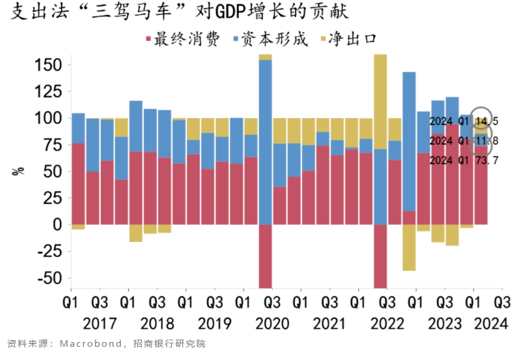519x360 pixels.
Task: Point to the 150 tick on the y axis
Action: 50,65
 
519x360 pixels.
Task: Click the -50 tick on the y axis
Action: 50,278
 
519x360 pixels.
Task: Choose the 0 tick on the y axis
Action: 57,225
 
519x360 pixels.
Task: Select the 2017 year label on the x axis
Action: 100,324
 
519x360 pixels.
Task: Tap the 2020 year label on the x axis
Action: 272,324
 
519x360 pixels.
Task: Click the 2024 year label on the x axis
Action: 488,324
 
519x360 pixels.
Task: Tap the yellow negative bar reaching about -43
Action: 409,247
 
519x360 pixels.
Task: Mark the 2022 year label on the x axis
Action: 387,324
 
